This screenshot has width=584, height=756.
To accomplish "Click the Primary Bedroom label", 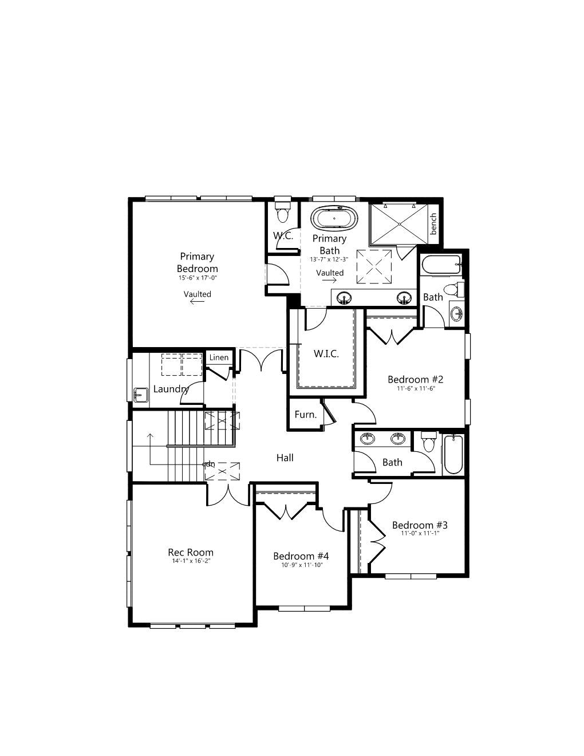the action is pyautogui.click(x=197, y=262).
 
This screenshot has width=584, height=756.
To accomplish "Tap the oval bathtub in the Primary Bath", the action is pyautogui.click(x=334, y=218).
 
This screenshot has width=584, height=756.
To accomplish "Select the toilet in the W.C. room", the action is pyautogui.click(x=282, y=212).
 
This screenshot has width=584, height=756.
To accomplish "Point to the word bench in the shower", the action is pyautogui.click(x=433, y=224).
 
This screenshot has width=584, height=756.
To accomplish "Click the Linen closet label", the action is pyautogui.click(x=219, y=357).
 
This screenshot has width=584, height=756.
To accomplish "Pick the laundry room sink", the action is pyautogui.click(x=140, y=395).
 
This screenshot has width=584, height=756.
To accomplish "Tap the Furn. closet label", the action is pyautogui.click(x=305, y=414).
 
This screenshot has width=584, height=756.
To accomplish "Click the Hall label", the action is pyautogui.click(x=285, y=458).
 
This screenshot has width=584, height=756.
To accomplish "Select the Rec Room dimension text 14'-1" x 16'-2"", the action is pyautogui.click(x=191, y=561).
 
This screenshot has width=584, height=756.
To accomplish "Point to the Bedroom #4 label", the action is pyautogui.click(x=301, y=556).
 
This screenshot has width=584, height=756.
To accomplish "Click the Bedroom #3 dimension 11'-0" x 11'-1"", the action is pyautogui.click(x=420, y=533).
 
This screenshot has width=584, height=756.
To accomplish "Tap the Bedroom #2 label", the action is pyautogui.click(x=416, y=379).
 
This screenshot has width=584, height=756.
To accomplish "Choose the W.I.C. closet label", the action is pyautogui.click(x=326, y=354).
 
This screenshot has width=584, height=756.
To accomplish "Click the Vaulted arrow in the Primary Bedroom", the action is pyautogui.click(x=197, y=302).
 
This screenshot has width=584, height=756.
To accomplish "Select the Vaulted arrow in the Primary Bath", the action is pyautogui.click(x=329, y=281).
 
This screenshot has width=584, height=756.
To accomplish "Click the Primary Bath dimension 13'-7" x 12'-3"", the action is pyautogui.click(x=329, y=259).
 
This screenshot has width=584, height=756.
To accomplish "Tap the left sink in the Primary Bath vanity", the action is pyautogui.click(x=344, y=298).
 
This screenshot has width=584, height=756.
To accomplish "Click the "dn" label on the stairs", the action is pyautogui.click(x=210, y=464).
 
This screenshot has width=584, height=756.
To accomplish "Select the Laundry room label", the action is pyautogui.click(x=171, y=389).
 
